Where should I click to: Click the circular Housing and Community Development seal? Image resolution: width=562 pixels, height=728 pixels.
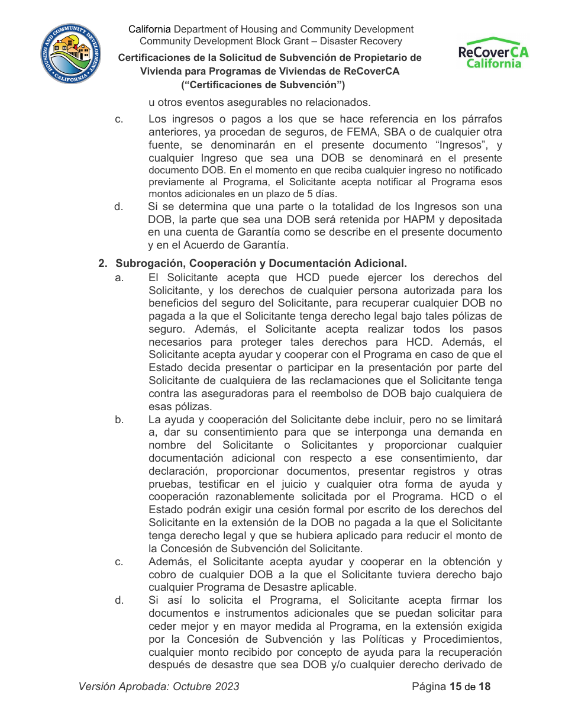point(71,54)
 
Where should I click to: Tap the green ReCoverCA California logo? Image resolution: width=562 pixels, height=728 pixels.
point(493,53)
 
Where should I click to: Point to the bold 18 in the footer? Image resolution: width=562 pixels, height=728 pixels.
point(485,687)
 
